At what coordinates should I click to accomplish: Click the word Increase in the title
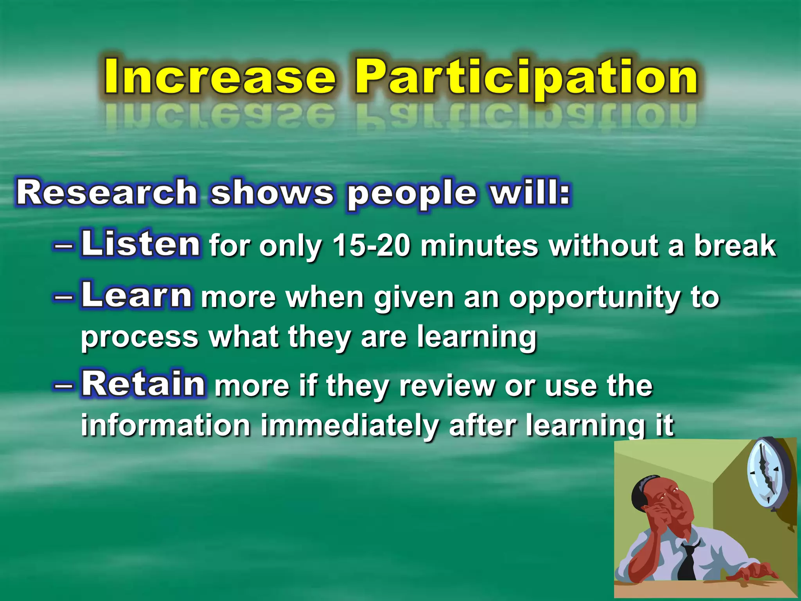click(220, 77)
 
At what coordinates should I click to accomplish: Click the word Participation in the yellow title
click(526, 78)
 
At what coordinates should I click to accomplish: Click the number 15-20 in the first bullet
click(372, 246)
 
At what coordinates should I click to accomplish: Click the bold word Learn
click(136, 295)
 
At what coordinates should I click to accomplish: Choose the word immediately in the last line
click(349, 426)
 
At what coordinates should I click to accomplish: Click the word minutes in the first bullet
click(479, 246)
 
